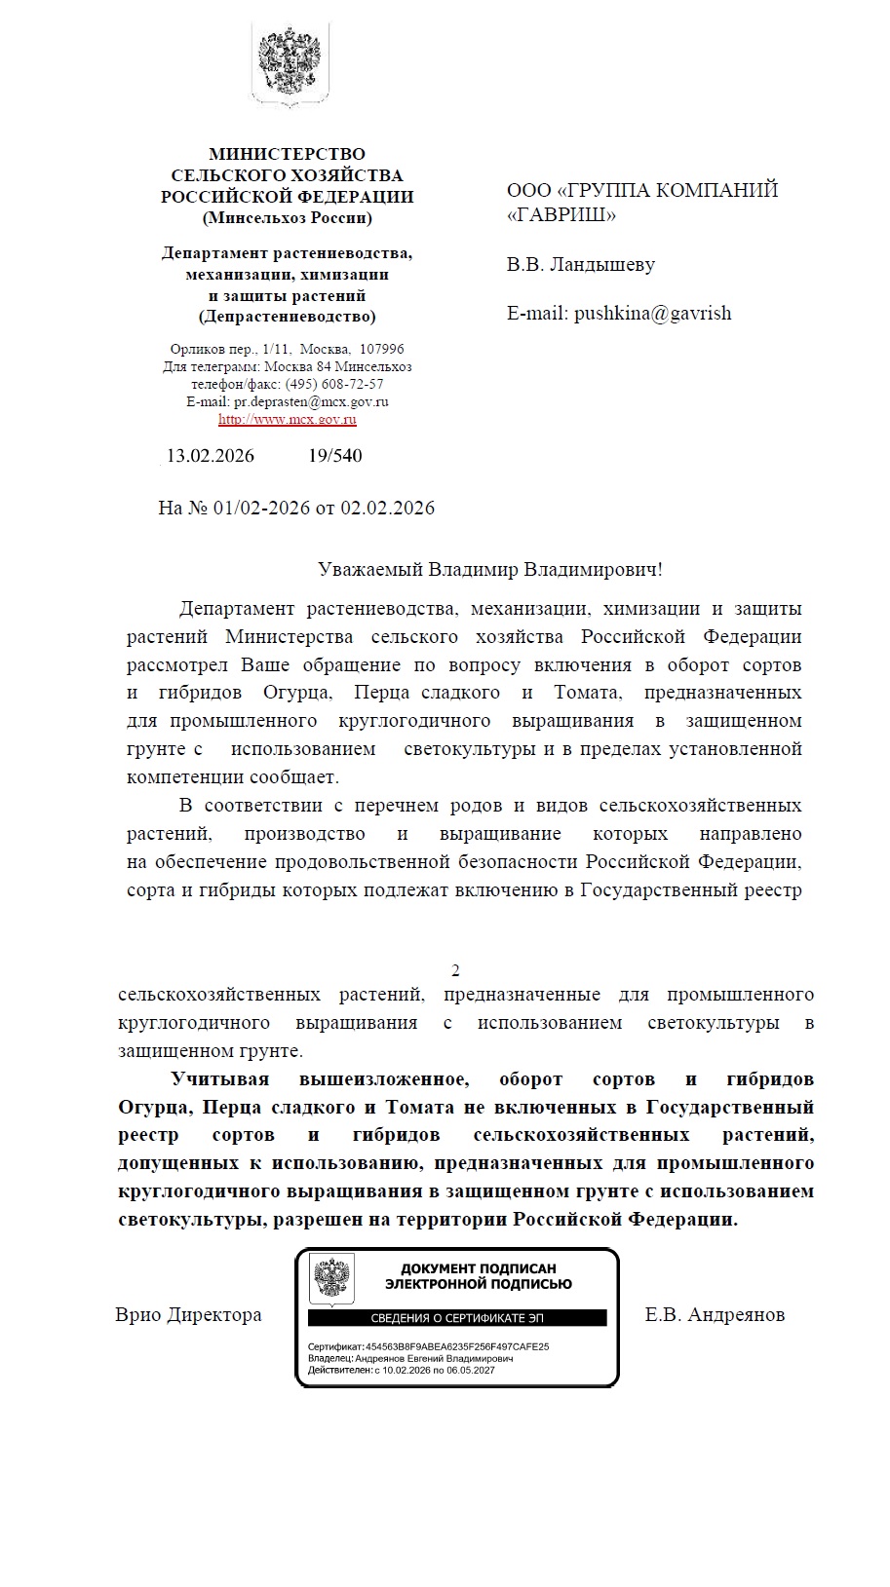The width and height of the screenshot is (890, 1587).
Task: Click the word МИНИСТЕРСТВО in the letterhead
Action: [x=287, y=154]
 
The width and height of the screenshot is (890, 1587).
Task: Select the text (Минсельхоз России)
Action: [x=287, y=218]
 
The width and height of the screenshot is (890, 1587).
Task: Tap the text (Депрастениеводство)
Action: [x=287, y=317]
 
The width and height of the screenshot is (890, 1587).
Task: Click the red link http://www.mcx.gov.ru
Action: [x=287, y=420]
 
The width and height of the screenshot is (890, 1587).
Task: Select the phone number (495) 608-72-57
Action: [x=334, y=384]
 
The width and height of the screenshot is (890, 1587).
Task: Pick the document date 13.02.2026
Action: [x=210, y=456]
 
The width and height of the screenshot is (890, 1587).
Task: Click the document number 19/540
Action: [x=334, y=456]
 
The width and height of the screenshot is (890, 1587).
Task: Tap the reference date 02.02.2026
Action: [x=387, y=508]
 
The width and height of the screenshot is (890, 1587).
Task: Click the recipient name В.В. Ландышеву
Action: [x=580, y=265]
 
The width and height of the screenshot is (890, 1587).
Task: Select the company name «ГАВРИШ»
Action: [x=561, y=215]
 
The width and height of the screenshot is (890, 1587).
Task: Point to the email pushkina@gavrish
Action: [x=652, y=314]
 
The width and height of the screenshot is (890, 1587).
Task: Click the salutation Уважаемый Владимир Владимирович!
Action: [x=489, y=570]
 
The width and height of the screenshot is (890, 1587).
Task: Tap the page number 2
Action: [x=455, y=970]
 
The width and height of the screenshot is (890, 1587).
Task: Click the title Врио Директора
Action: [x=188, y=1315]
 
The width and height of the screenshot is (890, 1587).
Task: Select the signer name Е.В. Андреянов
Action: [x=715, y=1315]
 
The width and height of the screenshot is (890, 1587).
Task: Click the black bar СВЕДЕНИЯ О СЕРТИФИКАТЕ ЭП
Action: [x=457, y=1318]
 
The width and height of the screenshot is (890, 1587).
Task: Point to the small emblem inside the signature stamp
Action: [x=331, y=1280]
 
